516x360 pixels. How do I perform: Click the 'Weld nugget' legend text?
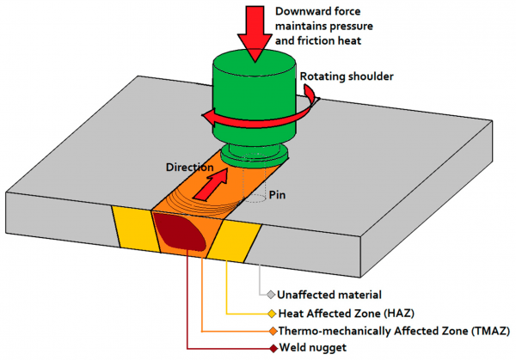(310, 348)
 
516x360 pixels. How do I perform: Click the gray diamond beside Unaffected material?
(270, 295)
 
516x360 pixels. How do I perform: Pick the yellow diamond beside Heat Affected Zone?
(270, 313)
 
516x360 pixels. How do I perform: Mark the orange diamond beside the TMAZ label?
(270, 330)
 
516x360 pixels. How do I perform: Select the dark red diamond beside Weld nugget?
(270, 348)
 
